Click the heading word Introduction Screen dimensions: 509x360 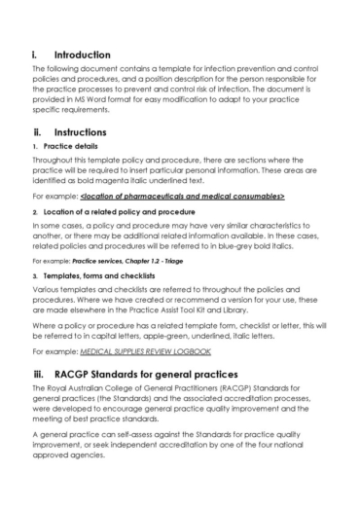(x=82, y=55)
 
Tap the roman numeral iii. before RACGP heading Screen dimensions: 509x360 (x=39, y=372)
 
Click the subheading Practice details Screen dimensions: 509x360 (x=71, y=146)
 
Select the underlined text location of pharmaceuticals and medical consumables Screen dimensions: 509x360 (x=189, y=197)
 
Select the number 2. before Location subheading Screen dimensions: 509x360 (x=35, y=211)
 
